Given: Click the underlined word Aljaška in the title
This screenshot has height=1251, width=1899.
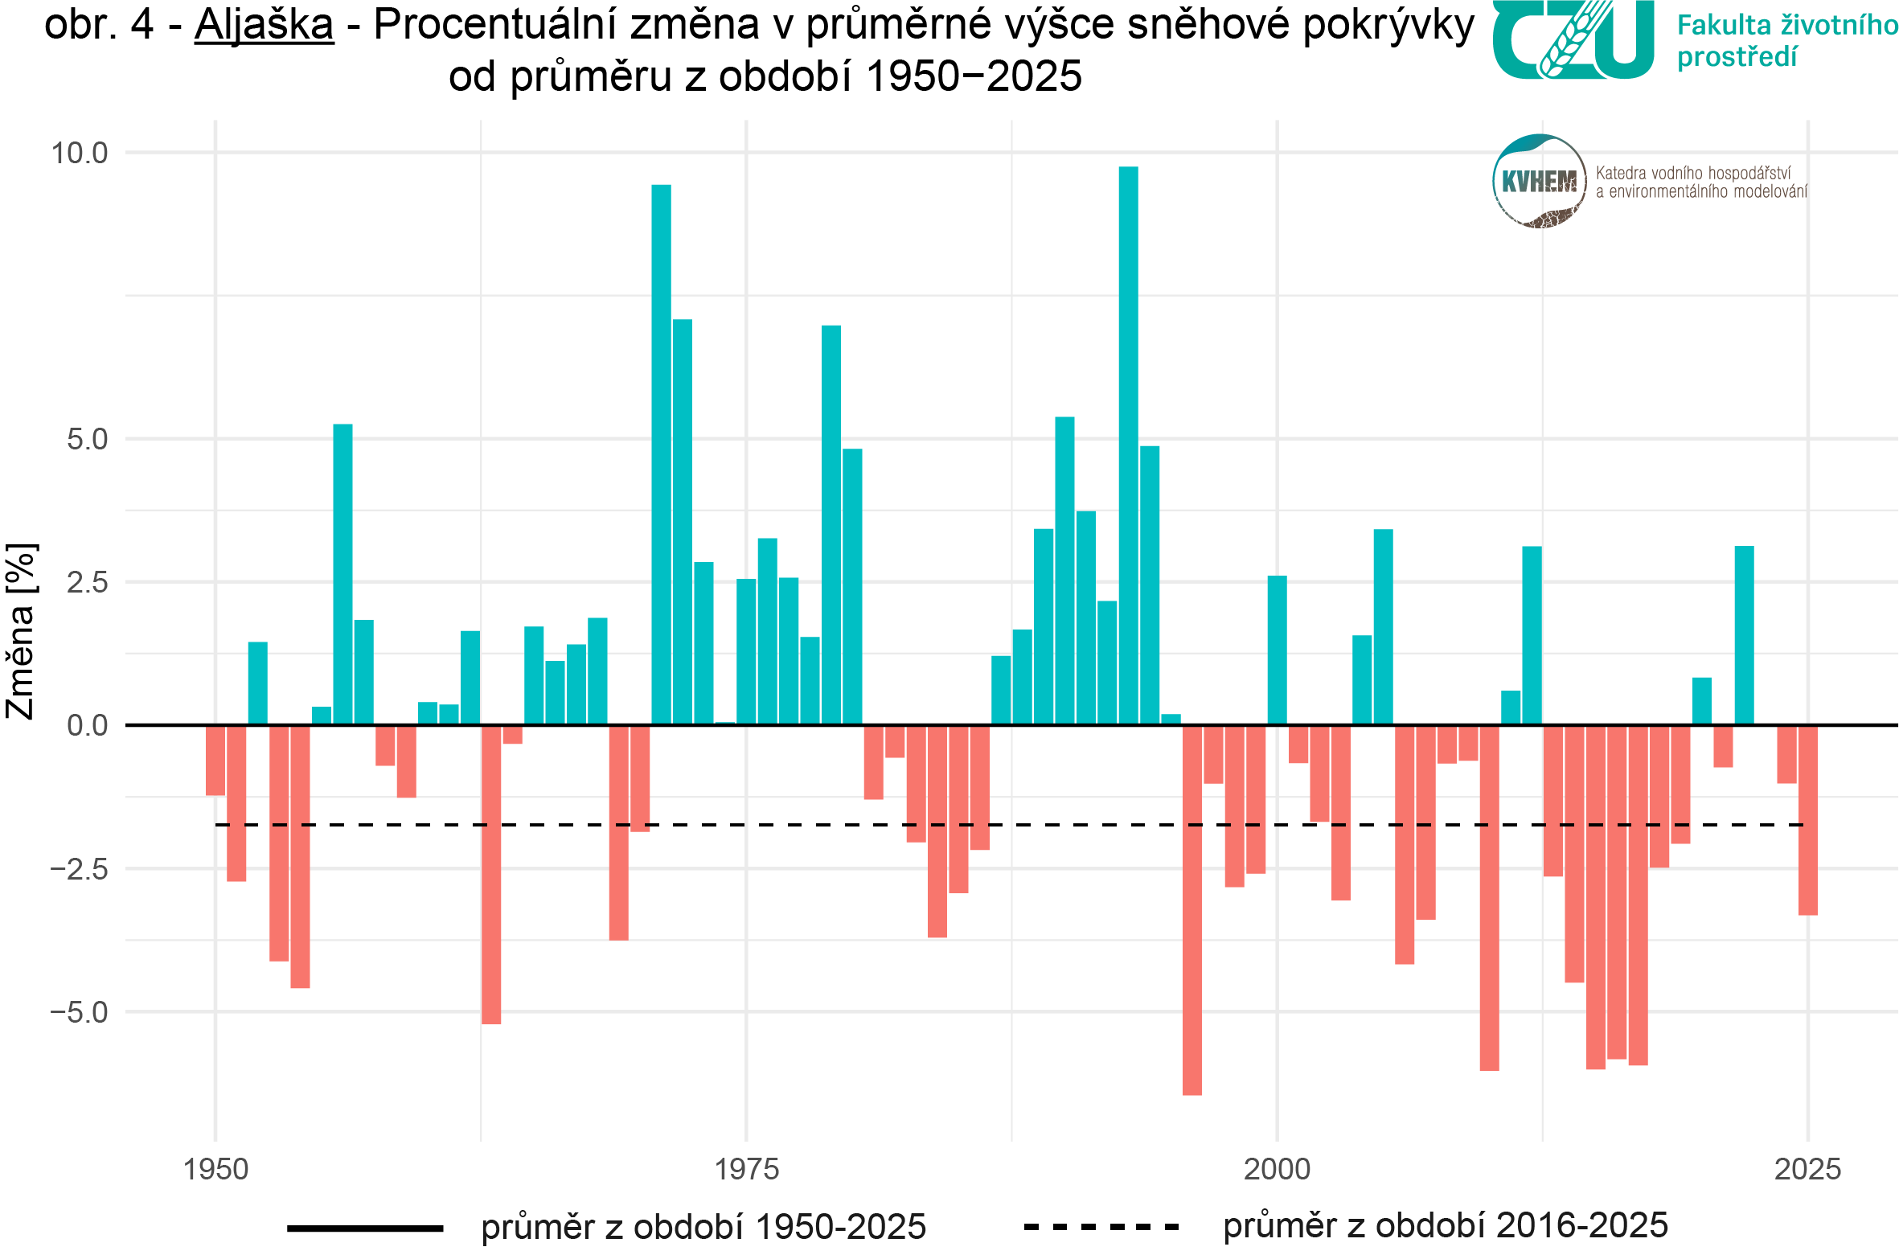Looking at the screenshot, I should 264,24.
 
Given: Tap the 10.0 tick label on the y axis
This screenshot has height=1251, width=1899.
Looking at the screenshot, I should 80,153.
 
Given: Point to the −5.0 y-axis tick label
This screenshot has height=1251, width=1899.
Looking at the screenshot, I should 80,1012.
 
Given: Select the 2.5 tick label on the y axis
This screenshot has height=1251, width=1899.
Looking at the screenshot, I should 87,583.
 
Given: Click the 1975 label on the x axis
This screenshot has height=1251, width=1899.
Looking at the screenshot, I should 747,1169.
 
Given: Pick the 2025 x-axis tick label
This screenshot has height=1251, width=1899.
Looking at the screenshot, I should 1807,1169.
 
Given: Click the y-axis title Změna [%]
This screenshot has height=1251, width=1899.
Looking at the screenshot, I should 21,631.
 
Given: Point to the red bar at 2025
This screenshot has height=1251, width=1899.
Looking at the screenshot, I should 1807,820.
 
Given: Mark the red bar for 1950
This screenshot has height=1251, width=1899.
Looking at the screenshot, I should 215,761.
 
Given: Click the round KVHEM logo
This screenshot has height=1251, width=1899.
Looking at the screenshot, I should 1539,181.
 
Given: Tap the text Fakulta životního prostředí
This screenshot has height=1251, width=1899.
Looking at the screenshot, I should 1786,40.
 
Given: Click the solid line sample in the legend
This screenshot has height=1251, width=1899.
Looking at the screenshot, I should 365,1228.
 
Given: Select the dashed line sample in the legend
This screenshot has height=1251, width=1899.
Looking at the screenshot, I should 1101,1228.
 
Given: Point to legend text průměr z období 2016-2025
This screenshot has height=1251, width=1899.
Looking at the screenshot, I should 1445,1226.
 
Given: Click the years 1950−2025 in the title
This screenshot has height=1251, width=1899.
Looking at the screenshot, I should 974,77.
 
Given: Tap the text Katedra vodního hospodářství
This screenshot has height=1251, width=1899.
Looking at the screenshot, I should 1692,173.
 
